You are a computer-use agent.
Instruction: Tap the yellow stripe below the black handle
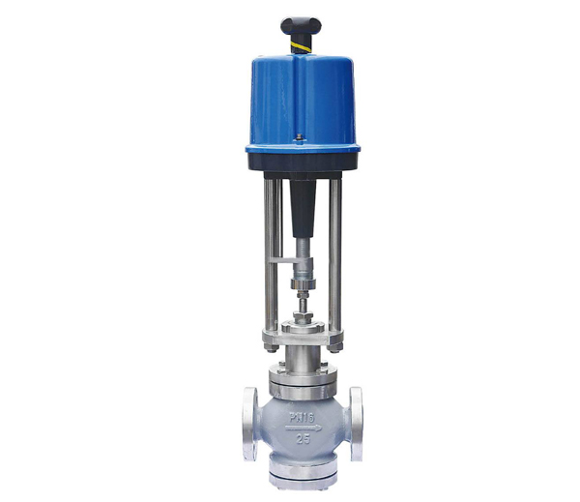pyautogui.click(x=302, y=47)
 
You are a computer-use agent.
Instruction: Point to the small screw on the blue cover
pyautogui.click(x=300, y=137)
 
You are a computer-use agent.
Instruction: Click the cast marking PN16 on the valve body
pyautogui.click(x=302, y=418)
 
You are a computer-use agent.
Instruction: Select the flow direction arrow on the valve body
pyautogui.click(x=304, y=428)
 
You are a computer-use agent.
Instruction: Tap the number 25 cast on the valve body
pyautogui.click(x=304, y=439)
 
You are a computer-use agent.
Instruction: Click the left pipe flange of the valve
pyautogui.click(x=250, y=424)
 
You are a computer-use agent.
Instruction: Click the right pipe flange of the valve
pyautogui.click(x=356, y=424)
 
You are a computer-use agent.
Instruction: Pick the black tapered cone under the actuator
pyautogui.click(x=303, y=207)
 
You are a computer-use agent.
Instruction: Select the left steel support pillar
pyautogui.click(x=271, y=254)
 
